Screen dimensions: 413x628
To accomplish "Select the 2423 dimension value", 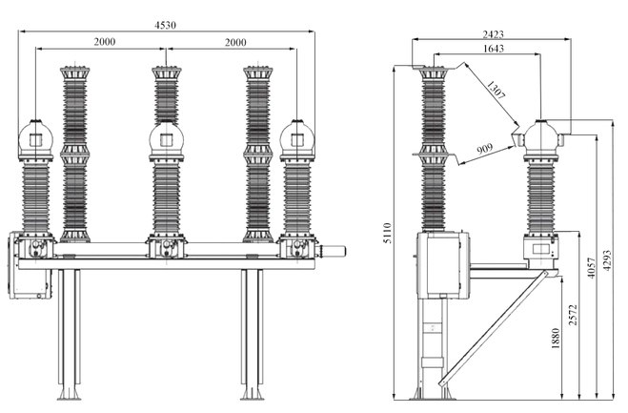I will [493, 33].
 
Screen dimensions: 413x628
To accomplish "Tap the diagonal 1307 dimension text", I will [494, 93].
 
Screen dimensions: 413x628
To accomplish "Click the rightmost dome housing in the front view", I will [295, 140].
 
